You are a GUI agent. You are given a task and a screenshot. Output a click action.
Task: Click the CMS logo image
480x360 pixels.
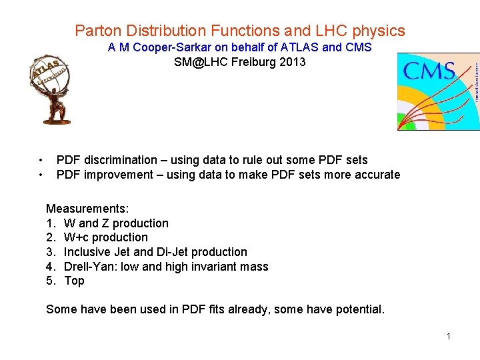tap(438, 91)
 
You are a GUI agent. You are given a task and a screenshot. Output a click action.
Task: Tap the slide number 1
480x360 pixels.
tap(449, 336)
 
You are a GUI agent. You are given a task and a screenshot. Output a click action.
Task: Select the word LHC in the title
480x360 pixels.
tap(323, 31)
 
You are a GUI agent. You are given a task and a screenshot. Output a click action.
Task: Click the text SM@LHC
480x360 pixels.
tap(197, 62)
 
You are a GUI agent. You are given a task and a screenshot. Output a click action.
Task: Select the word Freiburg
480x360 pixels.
tap(251, 62)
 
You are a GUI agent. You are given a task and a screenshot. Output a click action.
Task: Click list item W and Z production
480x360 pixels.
tap(116, 223)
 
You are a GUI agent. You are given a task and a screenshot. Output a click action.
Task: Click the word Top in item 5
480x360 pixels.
tap(74, 281)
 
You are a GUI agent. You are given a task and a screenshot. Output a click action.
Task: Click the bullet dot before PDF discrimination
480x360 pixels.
tap(41, 160)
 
